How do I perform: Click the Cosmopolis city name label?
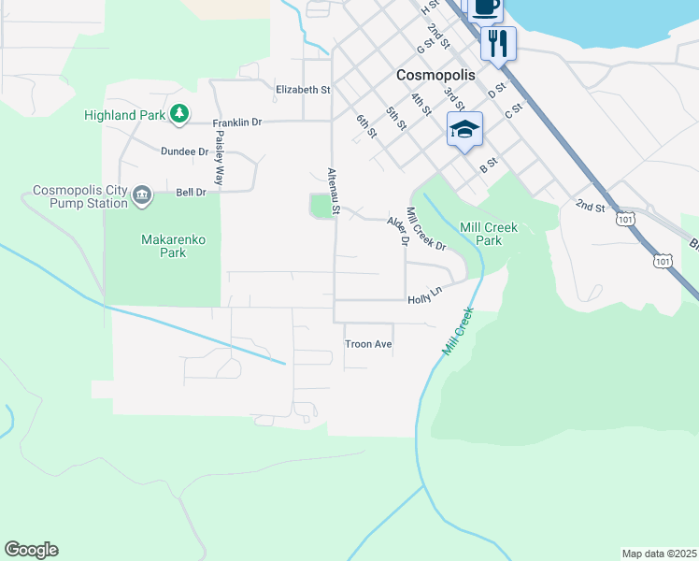tap(435, 74)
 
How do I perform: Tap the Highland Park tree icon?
tap(178, 114)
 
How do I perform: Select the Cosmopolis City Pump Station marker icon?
tap(141, 194)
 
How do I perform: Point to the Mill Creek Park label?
tap(489, 234)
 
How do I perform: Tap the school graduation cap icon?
tap(464, 129)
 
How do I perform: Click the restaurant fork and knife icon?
tap(498, 42)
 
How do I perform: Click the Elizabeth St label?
tap(303, 90)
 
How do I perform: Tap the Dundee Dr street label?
tap(184, 151)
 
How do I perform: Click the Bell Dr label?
tap(191, 193)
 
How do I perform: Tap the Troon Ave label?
tap(368, 344)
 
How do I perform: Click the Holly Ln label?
tap(423, 299)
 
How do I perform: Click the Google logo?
tap(31, 550)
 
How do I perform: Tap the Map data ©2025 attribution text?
tap(659, 554)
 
